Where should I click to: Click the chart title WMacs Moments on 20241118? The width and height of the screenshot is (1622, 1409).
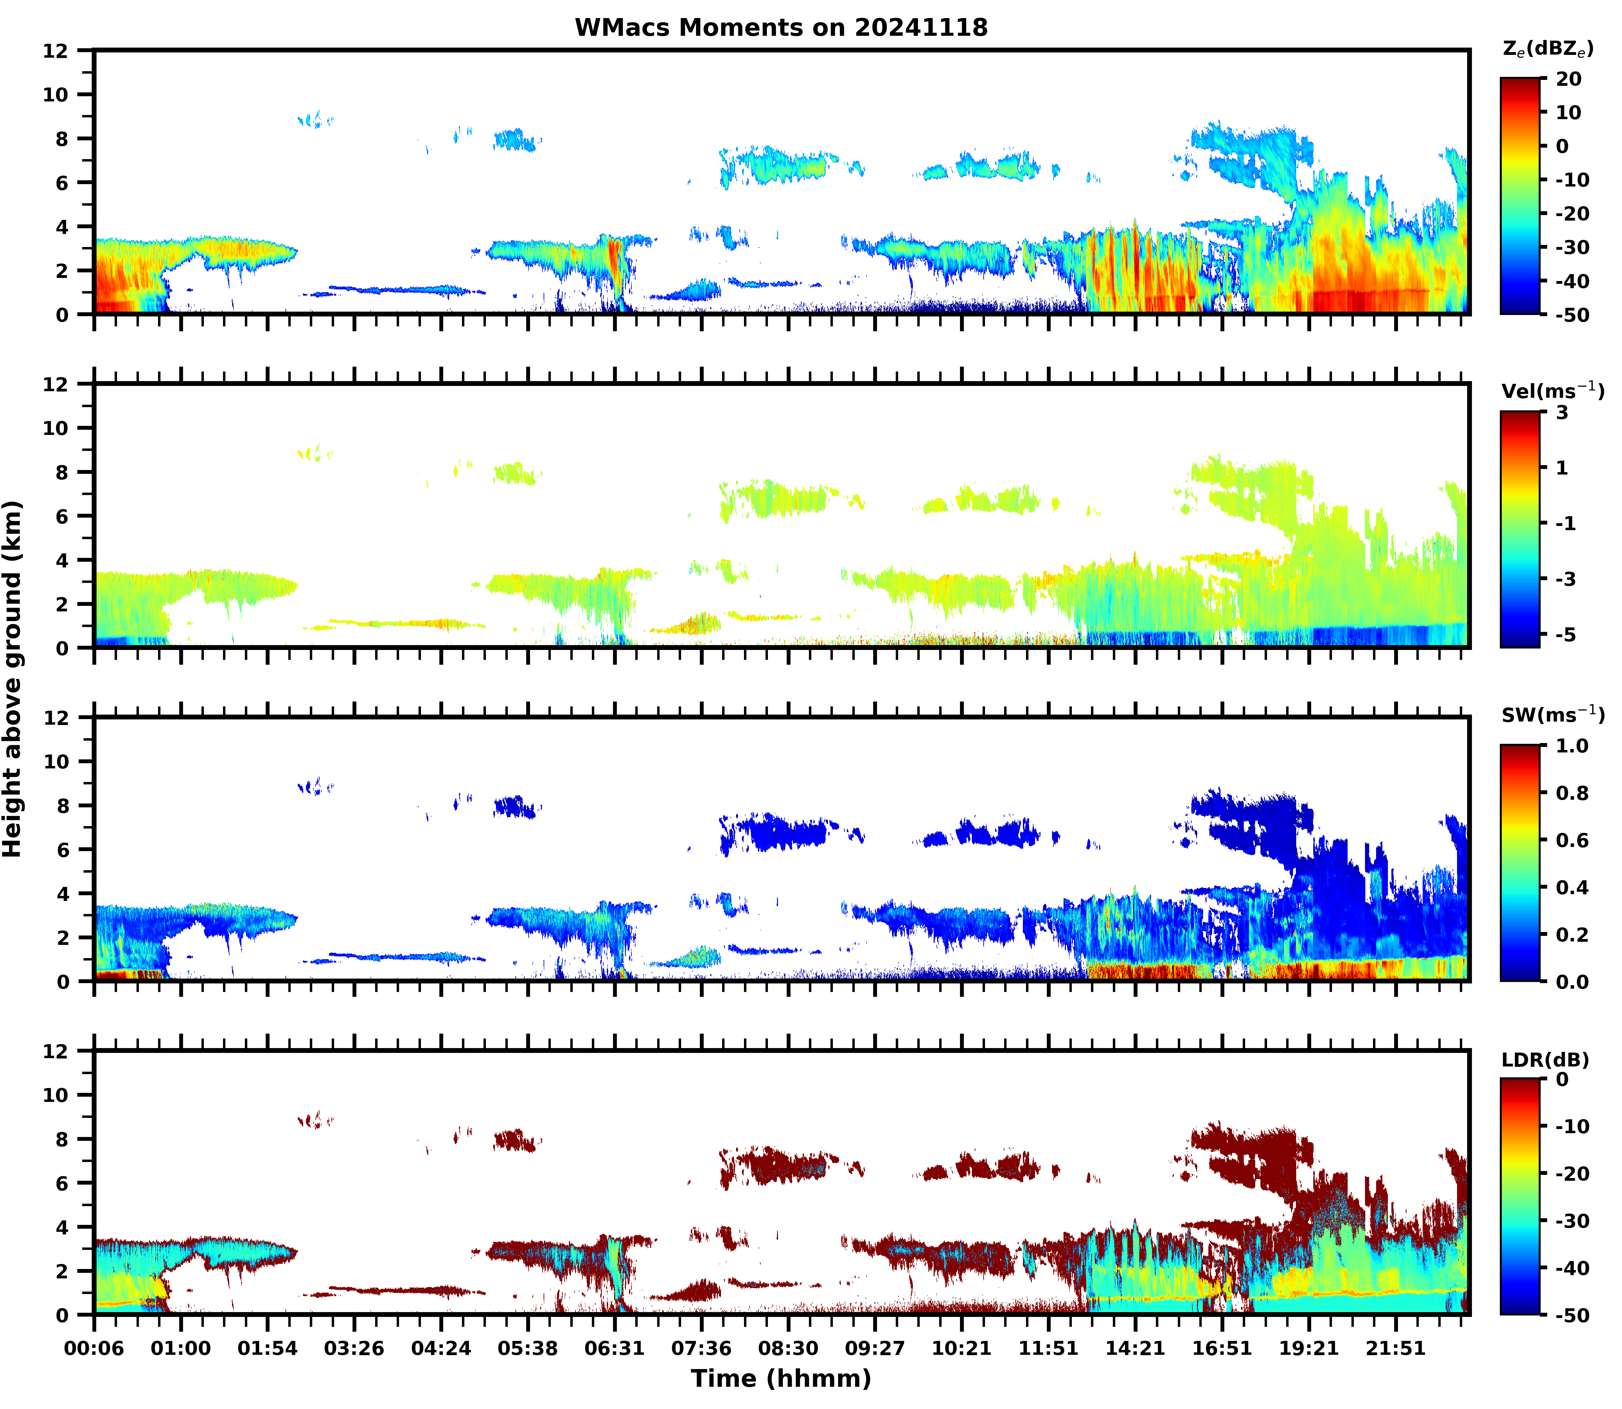coord(781,27)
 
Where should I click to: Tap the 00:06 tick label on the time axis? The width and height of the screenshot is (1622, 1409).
coord(94,1349)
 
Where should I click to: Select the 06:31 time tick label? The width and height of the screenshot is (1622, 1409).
coord(614,1349)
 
